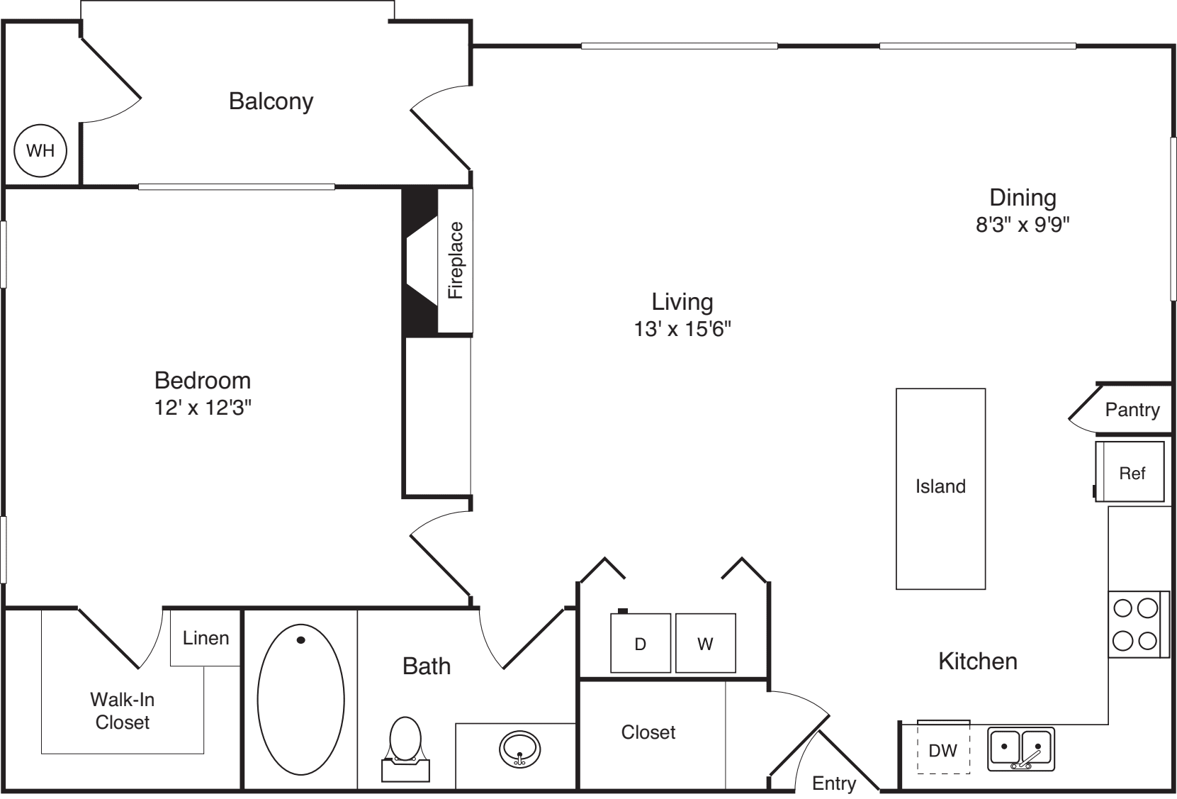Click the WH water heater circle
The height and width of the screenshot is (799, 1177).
(x=40, y=151)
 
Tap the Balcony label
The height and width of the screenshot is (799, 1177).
(x=271, y=101)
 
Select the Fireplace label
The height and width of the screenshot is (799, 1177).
(x=456, y=260)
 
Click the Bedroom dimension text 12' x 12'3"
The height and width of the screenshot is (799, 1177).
(x=203, y=408)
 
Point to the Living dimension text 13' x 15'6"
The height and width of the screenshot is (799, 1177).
(x=682, y=329)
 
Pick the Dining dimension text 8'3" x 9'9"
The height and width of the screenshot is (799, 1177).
(x=1023, y=225)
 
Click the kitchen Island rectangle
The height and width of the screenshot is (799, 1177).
(x=940, y=489)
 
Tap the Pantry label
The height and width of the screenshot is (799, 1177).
(x=1132, y=410)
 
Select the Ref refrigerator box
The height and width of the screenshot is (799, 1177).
(x=1130, y=471)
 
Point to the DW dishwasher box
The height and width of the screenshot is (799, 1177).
(x=944, y=747)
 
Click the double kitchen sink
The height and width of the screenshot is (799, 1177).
(x=1021, y=749)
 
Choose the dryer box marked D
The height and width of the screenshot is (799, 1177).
(x=641, y=643)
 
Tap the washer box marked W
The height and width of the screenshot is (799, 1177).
(x=706, y=643)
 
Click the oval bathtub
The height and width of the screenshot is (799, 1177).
(x=301, y=700)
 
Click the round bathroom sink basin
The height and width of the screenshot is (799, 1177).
(x=519, y=749)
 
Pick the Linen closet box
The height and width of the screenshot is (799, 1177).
(x=205, y=638)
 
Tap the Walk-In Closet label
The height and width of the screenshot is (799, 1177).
(x=123, y=711)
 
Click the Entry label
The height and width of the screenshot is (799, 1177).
(x=835, y=783)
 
